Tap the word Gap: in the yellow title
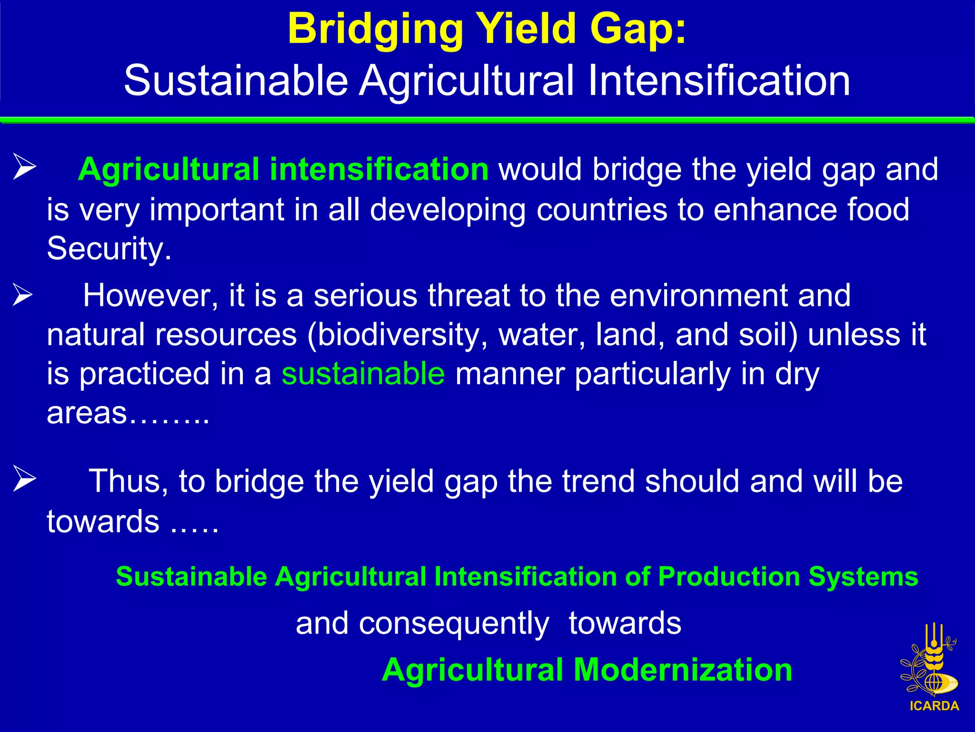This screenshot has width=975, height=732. pos(638,30)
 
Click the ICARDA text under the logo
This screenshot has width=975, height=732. pos(934,706)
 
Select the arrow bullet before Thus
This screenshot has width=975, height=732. pos(24,478)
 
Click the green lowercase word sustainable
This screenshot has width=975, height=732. pos(363,374)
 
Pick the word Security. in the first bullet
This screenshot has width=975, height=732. pos(109,249)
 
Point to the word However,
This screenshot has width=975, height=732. pos(150,295)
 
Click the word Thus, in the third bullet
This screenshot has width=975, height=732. pos(129,481)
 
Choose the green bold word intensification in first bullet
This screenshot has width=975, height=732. pos(379,169)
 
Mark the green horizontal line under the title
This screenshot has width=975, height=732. pos(487,120)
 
